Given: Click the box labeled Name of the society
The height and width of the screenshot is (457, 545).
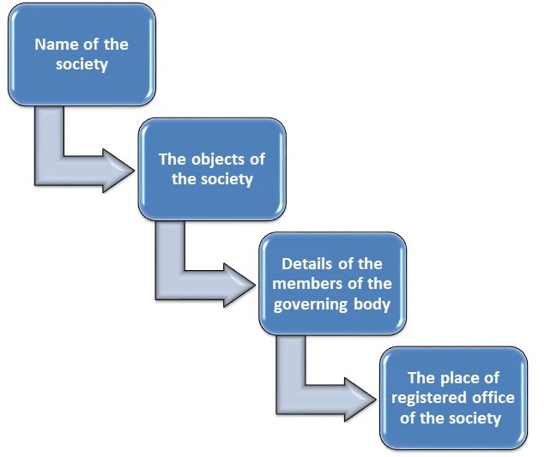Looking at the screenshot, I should (82, 54).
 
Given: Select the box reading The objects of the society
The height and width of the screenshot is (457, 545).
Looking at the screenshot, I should (212, 170).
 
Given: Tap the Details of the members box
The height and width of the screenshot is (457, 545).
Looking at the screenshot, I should (331, 284).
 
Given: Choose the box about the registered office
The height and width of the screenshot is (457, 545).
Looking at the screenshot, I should (453, 398).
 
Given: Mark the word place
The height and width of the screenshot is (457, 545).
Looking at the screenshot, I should (462, 378).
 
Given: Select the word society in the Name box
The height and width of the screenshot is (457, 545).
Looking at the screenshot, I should (82, 64).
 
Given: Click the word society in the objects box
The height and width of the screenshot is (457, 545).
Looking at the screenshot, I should (225, 180).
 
